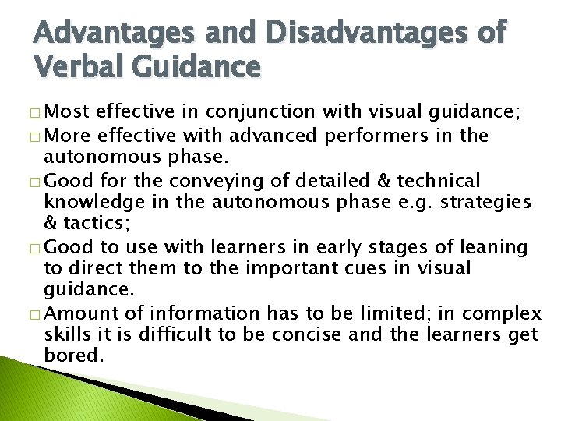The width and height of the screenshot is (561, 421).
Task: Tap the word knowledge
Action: [96, 203]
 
